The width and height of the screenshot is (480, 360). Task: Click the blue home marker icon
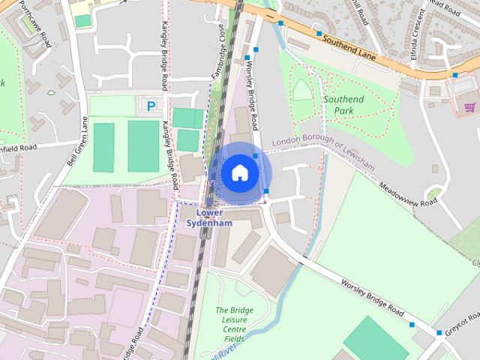(x=238, y=172)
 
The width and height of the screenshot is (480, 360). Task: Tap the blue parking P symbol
(x=151, y=106)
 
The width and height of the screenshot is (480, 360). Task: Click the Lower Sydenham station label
(x=208, y=217)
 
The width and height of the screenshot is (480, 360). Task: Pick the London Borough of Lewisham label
(x=322, y=141)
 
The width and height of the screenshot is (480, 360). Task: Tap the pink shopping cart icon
(x=469, y=107)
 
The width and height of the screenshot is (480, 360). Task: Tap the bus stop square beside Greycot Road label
(x=439, y=332)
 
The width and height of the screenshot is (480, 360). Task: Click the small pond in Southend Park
(x=301, y=90)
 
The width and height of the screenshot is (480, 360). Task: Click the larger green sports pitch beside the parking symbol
(x=143, y=146)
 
